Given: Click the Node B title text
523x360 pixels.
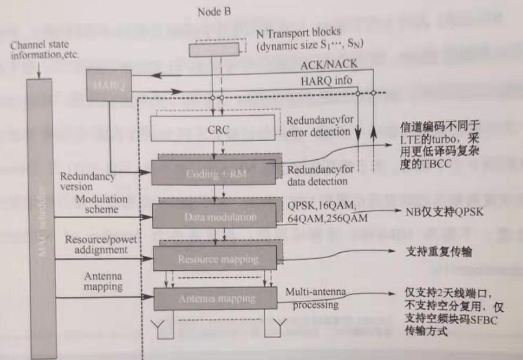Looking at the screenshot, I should tap(215, 11).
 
